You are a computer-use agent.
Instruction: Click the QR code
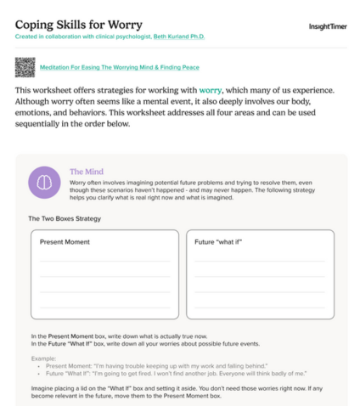click(x=25, y=66)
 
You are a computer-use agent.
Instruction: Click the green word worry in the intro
click(x=211, y=90)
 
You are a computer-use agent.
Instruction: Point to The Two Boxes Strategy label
click(x=65, y=219)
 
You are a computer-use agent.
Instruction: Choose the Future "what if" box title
click(x=219, y=242)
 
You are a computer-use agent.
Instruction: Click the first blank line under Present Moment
click(x=98, y=261)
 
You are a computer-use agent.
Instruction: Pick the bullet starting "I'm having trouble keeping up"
click(x=127, y=365)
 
